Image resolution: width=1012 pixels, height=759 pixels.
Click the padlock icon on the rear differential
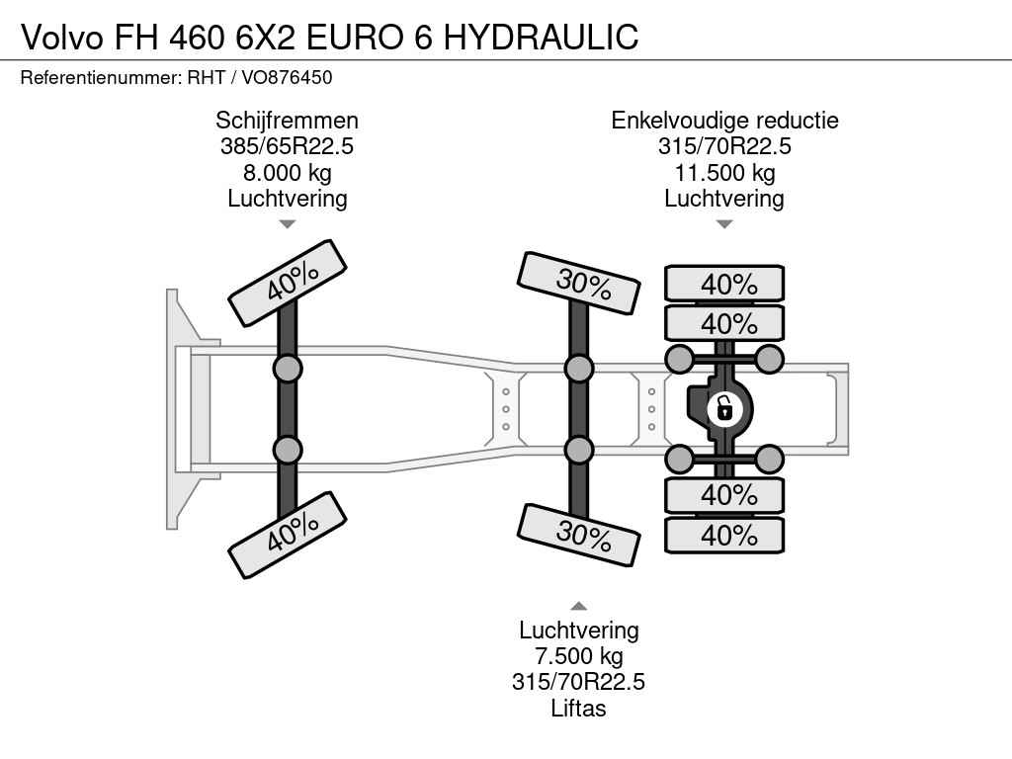(x=723, y=409)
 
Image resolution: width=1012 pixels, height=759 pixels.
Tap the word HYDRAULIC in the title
(x=541, y=37)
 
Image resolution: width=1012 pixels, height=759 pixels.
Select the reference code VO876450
(x=287, y=77)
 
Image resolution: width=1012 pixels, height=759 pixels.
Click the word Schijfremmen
(x=288, y=120)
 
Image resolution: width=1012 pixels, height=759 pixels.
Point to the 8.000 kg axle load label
(x=288, y=172)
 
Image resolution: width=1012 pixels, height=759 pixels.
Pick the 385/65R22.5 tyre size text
(x=288, y=146)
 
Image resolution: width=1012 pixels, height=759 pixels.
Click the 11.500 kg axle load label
(x=724, y=172)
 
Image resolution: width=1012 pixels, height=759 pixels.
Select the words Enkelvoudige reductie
(x=724, y=120)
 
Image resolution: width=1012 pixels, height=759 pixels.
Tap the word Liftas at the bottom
(x=578, y=708)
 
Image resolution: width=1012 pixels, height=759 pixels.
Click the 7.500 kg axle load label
(x=579, y=656)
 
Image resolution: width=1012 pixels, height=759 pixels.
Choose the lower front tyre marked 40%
(x=288, y=535)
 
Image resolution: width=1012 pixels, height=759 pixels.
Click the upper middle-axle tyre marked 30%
(x=579, y=283)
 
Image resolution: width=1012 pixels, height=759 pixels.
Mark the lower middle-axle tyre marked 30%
(x=579, y=535)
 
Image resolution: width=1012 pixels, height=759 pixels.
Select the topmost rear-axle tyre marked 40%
(x=724, y=284)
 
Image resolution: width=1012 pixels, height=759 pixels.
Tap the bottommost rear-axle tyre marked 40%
(x=724, y=535)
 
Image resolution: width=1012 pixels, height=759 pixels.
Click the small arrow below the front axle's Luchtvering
(x=288, y=224)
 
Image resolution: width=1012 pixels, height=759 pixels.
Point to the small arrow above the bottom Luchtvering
(x=579, y=606)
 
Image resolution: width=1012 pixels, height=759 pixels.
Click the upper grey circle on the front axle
(x=288, y=370)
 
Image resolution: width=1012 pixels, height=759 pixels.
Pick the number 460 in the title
(x=197, y=37)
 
